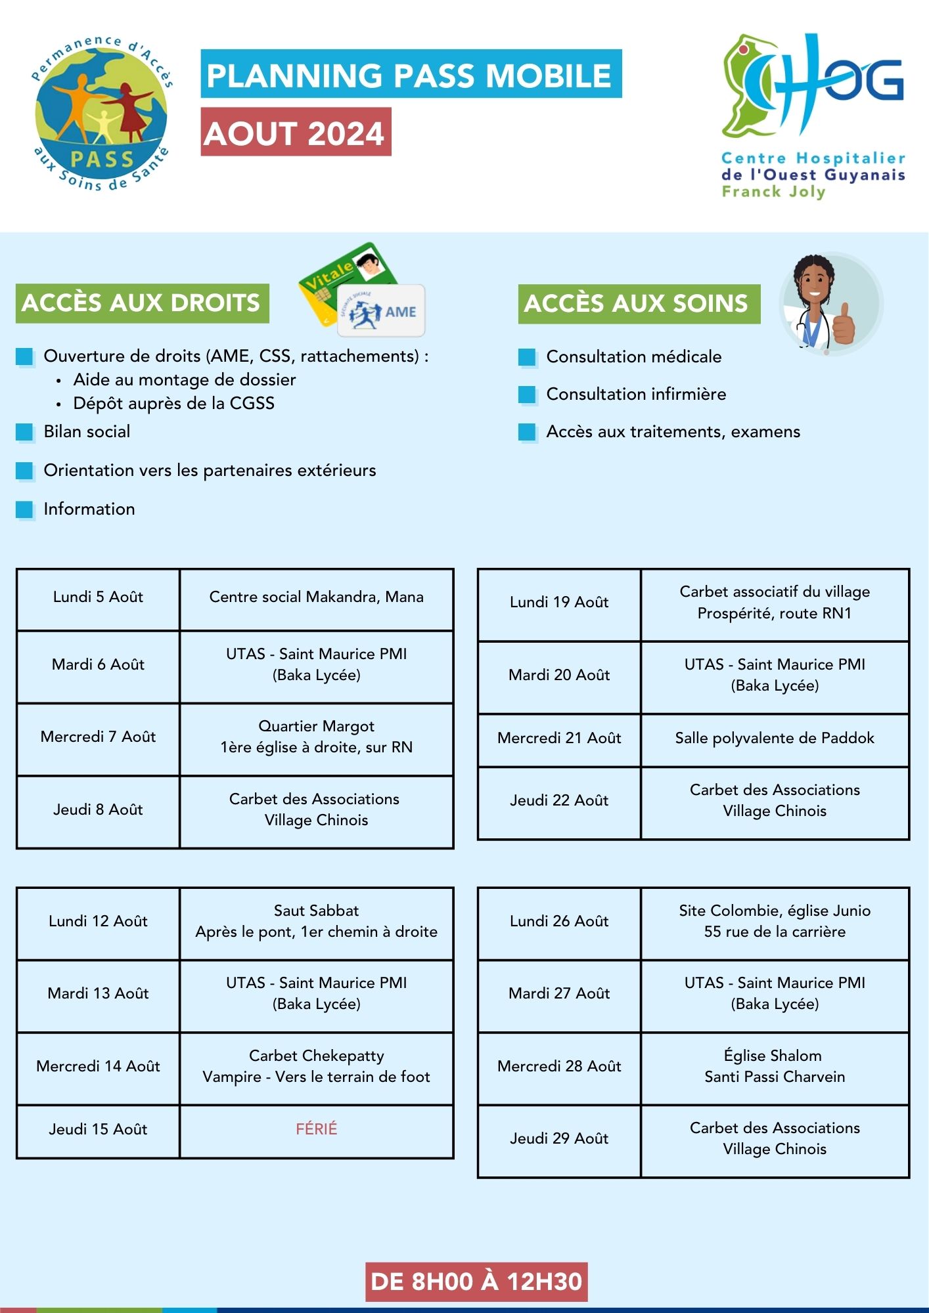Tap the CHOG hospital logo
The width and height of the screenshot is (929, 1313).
point(813,115)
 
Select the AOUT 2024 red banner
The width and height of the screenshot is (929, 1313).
point(296,133)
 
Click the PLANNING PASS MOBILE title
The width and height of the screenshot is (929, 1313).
point(411,74)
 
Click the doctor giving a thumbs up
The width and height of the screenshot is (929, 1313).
point(829,303)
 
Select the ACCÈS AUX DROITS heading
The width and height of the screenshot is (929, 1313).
point(142,303)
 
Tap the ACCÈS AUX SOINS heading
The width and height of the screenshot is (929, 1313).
point(638,304)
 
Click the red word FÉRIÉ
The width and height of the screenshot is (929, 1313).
point(316,1129)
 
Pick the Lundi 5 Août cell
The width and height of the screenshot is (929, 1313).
point(98,597)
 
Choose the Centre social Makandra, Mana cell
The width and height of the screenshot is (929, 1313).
point(316,597)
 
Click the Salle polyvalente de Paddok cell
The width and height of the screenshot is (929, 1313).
point(775,739)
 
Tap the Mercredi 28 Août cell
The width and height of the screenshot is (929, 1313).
point(559,1066)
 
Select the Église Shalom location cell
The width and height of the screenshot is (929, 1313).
point(775,1066)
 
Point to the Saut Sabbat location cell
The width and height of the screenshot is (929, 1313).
point(316,921)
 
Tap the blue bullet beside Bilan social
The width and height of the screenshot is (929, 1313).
point(24,432)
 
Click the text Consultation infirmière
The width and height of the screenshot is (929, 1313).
point(636,394)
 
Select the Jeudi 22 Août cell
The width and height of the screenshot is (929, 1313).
point(559,801)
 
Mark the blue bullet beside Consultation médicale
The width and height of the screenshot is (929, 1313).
point(527,357)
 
